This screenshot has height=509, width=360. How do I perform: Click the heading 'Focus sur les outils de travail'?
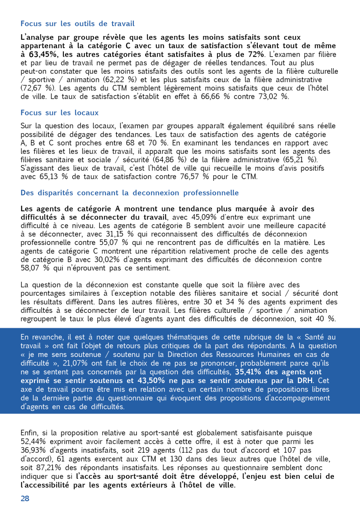pyautogui.click(x=77, y=24)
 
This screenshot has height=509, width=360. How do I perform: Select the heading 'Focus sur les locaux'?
pyautogui.click(x=59, y=113)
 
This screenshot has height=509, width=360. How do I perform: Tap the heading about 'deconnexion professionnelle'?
pyautogui.click(x=129, y=193)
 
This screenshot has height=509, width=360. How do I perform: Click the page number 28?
pyautogui.click(x=25, y=498)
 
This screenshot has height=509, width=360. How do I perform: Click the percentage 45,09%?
pyautogui.click(x=204, y=217)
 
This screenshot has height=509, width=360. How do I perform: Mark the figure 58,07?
pyautogui.click(x=30, y=268)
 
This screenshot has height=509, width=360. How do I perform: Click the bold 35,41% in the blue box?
pyautogui.click(x=248, y=372)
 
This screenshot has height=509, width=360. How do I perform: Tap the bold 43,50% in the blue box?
pyautogui.click(x=151, y=381)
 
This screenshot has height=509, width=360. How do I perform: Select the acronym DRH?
pyautogui.click(x=305, y=381)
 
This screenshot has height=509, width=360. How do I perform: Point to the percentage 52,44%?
pyautogui.click(x=33, y=441)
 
